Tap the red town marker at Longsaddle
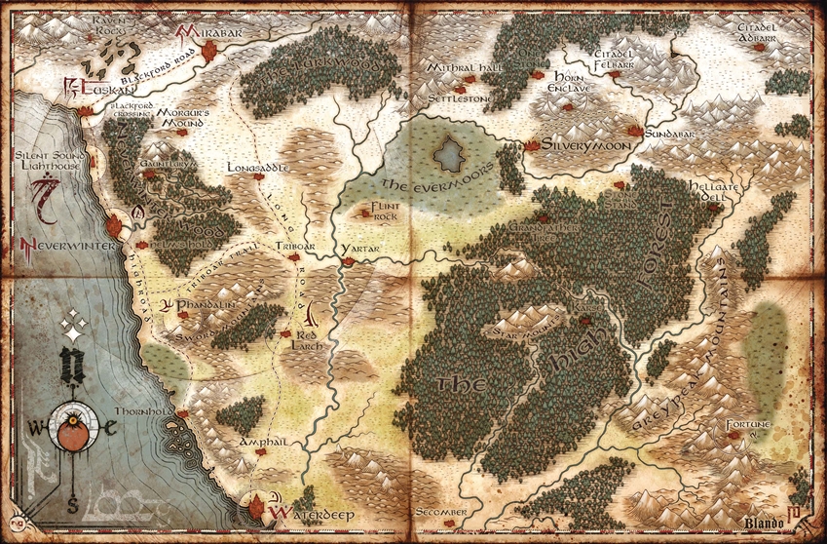[x=258, y=176]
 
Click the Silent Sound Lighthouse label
[x=50, y=161]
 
